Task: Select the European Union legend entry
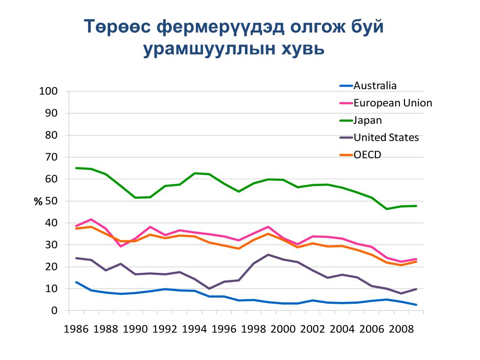point(392,103)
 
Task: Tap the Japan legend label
point(367,120)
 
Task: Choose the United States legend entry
point(386,138)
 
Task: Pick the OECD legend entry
point(367,155)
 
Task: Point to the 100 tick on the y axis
point(48,91)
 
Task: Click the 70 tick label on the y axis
point(51,157)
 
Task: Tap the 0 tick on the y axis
point(54,311)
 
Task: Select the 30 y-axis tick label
point(51,245)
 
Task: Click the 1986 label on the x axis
point(76,329)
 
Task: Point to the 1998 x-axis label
point(254,329)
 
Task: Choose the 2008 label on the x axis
point(401,329)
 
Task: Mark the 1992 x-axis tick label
point(165,329)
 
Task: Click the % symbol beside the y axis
point(38,202)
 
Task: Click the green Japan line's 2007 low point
point(387,209)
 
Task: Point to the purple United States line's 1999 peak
point(268,255)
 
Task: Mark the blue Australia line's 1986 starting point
point(76,282)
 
